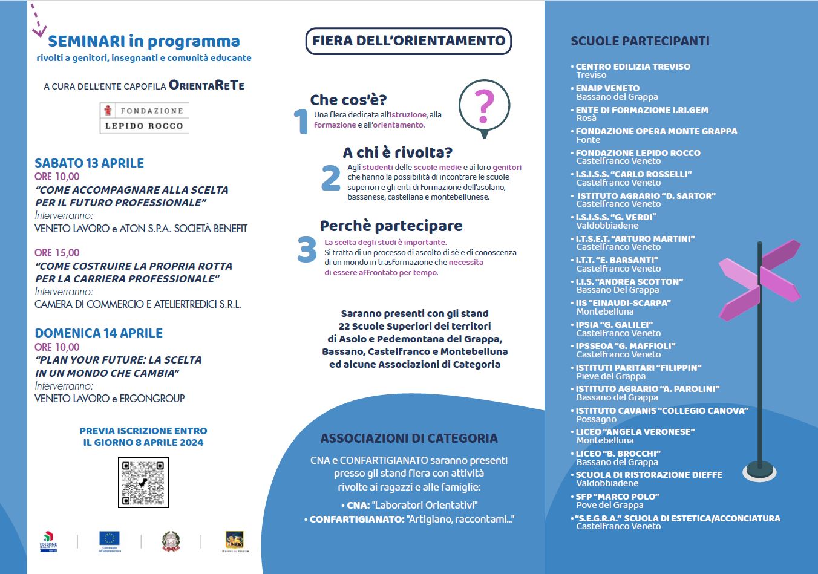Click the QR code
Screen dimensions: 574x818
click(143, 482)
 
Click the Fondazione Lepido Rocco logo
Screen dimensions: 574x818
click(144, 118)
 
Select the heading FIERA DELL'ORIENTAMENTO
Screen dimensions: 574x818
click(408, 41)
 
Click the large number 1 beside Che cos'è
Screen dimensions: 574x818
click(301, 121)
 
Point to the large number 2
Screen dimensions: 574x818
click(331, 178)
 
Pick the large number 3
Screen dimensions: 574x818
click(307, 250)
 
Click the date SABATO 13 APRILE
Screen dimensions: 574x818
click(89, 163)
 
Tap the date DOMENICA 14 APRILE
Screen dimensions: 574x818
click(99, 333)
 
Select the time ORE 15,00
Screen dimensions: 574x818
click(57, 253)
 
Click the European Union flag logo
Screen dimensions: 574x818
click(110, 539)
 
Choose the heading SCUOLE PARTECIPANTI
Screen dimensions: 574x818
click(640, 41)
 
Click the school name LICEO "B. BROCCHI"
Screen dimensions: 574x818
click(618, 454)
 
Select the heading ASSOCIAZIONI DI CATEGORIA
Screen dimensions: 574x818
click(409, 439)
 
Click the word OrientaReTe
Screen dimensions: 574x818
click(207, 85)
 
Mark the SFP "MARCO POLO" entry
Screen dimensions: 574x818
click(617, 497)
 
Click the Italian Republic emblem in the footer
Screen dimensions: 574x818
click(171, 540)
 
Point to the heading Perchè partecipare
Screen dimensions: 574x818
click(391, 226)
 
